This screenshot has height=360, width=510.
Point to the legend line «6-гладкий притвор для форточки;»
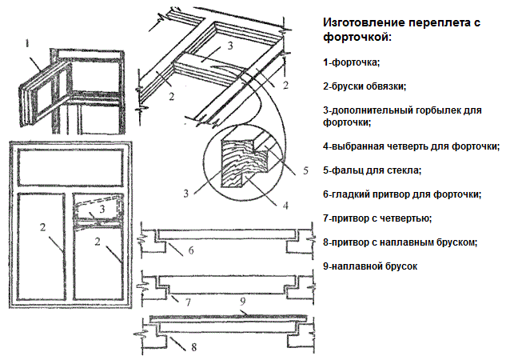click(x=401, y=194)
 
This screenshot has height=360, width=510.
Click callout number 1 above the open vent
click(x=26, y=43)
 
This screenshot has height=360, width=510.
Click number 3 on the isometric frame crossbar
click(x=230, y=46)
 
